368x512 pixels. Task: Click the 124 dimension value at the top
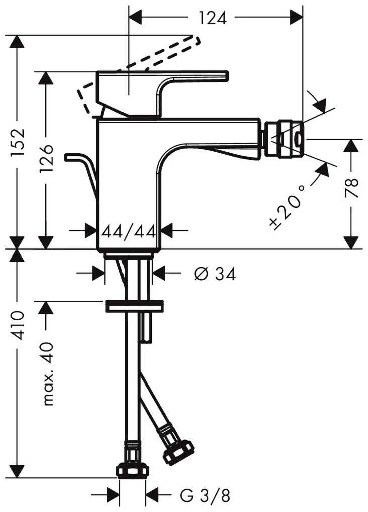[213, 18]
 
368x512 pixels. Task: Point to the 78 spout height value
[351, 187]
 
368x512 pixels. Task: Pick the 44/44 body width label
[129, 232]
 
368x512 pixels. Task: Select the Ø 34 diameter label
[215, 274]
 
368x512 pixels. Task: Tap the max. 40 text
[48, 373]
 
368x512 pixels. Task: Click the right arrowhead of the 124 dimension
[296, 17]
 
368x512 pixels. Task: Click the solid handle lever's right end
[226, 76]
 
